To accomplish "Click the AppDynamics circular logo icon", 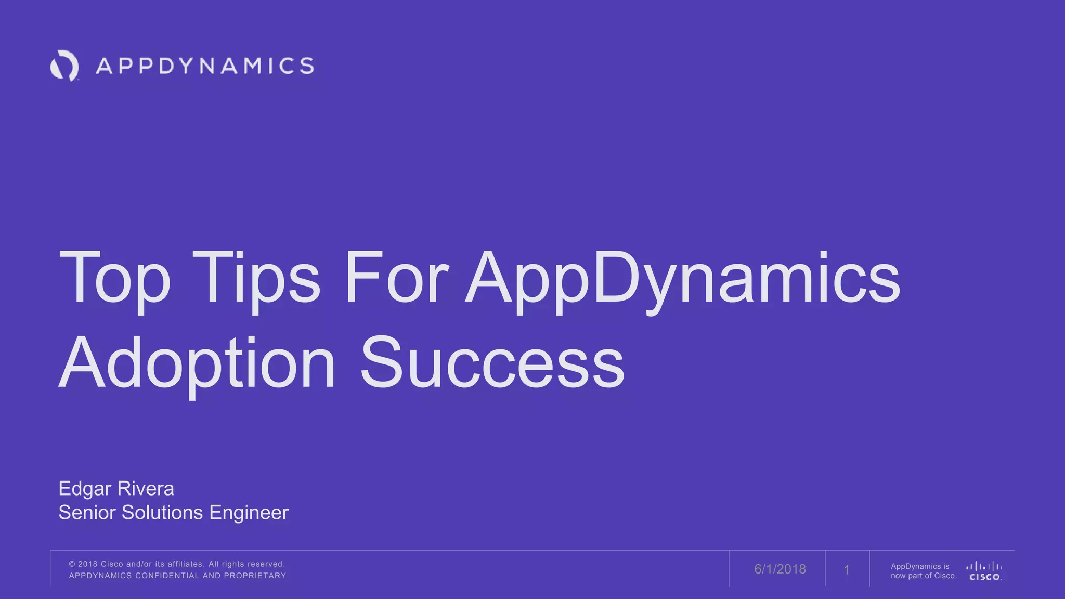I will point(64,66).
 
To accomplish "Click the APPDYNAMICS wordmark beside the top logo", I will point(205,66).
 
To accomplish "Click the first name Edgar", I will point(85,489).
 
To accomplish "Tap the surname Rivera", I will point(146,489).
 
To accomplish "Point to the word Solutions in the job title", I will point(162,513).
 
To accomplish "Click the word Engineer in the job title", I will point(249,513).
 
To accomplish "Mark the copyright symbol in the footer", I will point(72,564).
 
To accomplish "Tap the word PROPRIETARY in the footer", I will point(255,576).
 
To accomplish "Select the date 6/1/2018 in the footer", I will point(780,569).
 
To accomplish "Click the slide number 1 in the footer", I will point(847,570).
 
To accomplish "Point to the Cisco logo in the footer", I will point(984,570).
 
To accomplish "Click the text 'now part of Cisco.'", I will point(924,576).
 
